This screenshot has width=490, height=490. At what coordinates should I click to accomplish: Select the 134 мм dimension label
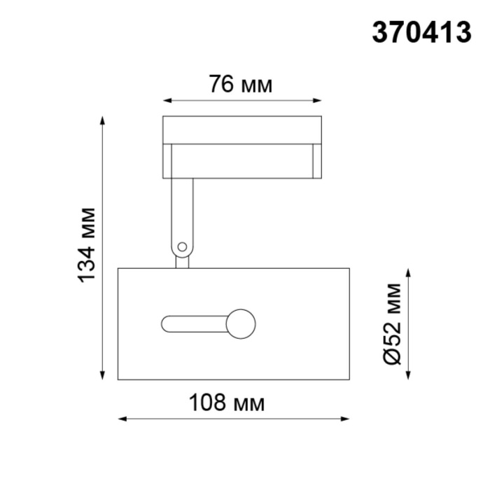tap(86, 244)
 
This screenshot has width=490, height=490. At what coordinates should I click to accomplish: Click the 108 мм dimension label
tap(227, 403)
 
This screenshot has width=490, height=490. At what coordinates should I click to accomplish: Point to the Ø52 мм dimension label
tap(393, 323)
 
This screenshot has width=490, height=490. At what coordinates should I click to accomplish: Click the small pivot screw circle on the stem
tap(182, 246)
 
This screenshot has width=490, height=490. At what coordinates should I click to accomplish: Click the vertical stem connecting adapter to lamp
tap(182, 210)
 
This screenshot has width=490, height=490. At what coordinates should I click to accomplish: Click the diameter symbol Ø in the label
tap(393, 356)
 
